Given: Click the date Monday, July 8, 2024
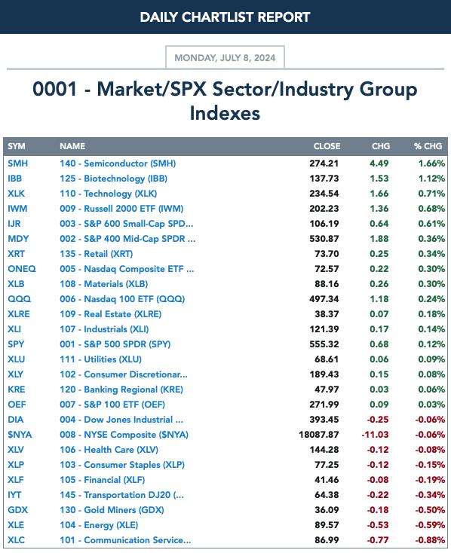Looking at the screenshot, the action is (225, 57).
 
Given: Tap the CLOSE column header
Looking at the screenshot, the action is (327, 146).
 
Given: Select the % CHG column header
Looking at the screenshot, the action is (428, 146).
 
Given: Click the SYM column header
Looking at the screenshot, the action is (17, 146).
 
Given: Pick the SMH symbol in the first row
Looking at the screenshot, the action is (17, 163).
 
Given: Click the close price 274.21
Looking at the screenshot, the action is (324, 163).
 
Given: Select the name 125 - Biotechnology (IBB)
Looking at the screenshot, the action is (113, 179).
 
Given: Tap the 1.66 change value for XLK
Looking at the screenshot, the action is (379, 194).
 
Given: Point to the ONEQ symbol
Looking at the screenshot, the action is (22, 269).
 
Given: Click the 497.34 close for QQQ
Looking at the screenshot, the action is (324, 299).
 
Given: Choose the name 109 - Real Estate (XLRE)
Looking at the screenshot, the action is (111, 314).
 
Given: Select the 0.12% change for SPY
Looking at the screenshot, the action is (431, 344).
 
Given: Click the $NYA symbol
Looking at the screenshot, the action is (20, 435).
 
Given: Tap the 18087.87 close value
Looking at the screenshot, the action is (319, 435).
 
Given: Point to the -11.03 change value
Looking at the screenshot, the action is (375, 435).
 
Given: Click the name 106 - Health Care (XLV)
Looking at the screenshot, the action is (109, 450).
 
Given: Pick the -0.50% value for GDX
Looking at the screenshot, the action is (430, 510).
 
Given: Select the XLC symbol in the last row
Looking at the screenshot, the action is (17, 540).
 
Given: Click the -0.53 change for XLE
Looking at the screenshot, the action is (378, 525).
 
